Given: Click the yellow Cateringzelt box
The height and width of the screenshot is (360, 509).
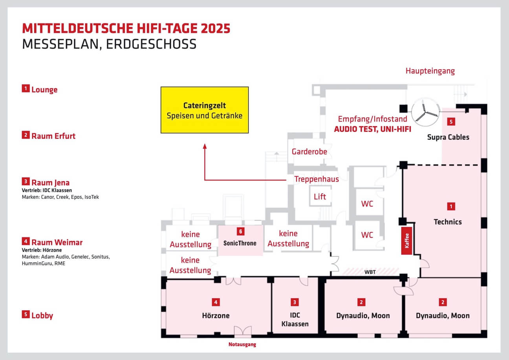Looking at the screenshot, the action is [x=205, y=110].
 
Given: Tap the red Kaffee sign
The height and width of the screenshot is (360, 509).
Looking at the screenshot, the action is [x=406, y=241].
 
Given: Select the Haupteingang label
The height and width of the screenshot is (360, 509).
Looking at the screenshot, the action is [x=430, y=71].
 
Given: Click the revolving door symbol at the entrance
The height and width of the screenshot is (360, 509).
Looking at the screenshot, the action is [x=425, y=112].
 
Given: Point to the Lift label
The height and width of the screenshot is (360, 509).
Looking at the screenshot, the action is [x=320, y=197].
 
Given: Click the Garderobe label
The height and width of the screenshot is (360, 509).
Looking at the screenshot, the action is [x=309, y=151].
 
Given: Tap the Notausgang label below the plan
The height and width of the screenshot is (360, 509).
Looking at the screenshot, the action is [x=242, y=344].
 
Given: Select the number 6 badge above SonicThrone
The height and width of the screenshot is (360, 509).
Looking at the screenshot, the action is [x=240, y=231].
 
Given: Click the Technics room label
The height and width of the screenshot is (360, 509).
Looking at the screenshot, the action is [x=448, y=222].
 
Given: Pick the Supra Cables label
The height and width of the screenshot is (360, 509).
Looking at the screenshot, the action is [x=448, y=137].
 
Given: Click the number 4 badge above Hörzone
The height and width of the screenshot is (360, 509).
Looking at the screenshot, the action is [x=216, y=302].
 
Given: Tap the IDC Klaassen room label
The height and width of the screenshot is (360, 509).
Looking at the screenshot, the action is [x=295, y=319].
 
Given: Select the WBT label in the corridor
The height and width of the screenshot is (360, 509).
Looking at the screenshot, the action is [x=370, y=272].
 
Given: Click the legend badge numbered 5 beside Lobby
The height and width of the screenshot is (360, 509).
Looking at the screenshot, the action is [x=26, y=314].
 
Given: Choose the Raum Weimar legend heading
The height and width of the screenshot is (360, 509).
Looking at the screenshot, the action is [x=57, y=242].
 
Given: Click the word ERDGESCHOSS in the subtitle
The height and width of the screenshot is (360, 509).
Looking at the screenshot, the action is [x=151, y=44].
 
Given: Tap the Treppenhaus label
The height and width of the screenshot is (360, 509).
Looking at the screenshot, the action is [x=317, y=179].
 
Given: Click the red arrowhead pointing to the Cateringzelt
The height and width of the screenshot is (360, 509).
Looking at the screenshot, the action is [x=205, y=146].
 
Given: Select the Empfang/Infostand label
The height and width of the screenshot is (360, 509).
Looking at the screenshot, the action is [x=372, y=119].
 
